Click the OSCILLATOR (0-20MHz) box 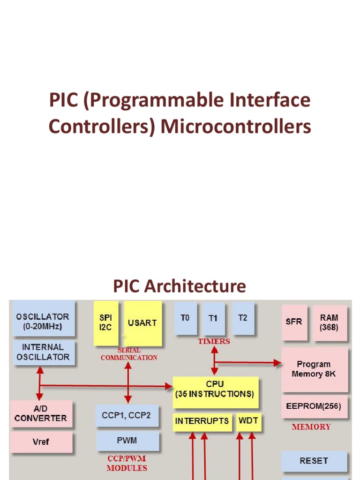[43, 321]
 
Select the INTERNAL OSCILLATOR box [43, 352]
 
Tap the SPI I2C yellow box [105, 323]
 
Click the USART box [142, 323]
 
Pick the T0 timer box [185, 318]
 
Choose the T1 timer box [214, 318]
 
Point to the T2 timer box [243, 318]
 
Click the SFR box [294, 322]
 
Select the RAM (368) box [329, 322]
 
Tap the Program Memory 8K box [314, 369]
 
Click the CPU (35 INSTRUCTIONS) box [215, 389]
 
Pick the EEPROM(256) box [314, 405]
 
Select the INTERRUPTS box [202, 421]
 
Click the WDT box [248, 421]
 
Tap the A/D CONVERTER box [41, 413]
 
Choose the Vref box [41, 442]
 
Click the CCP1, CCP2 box [127, 415]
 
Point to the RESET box [314, 461]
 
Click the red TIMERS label [214, 341]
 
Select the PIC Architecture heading [180, 286]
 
